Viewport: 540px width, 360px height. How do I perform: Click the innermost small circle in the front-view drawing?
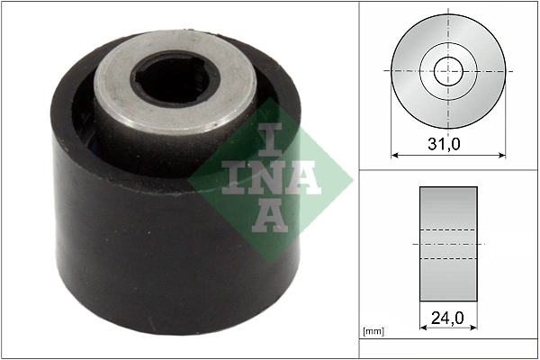click(448, 70)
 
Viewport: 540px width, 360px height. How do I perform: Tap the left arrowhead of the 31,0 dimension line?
click(394, 155)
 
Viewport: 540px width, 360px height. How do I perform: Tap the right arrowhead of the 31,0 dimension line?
click(502, 155)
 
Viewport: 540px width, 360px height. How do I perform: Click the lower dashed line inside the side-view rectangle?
click(448, 259)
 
